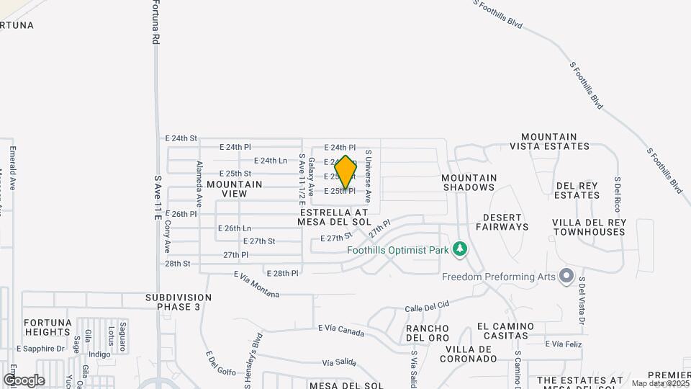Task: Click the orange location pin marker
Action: point(345,172)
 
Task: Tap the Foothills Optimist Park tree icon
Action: point(459,250)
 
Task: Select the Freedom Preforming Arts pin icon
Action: point(566,276)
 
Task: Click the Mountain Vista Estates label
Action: point(549,141)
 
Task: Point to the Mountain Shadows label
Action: point(469,182)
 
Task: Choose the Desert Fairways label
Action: point(505,222)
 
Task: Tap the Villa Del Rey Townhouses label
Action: point(589,227)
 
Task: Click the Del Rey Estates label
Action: point(577,190)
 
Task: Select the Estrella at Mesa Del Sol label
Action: point(333,218)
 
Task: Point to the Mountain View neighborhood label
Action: point(235,189)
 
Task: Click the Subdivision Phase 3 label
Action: point(179,302)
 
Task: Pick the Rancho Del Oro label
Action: point(428,333)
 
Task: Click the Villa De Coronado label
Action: point(486,353)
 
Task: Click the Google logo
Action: point(24,380)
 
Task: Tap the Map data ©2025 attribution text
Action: point(660,383)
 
